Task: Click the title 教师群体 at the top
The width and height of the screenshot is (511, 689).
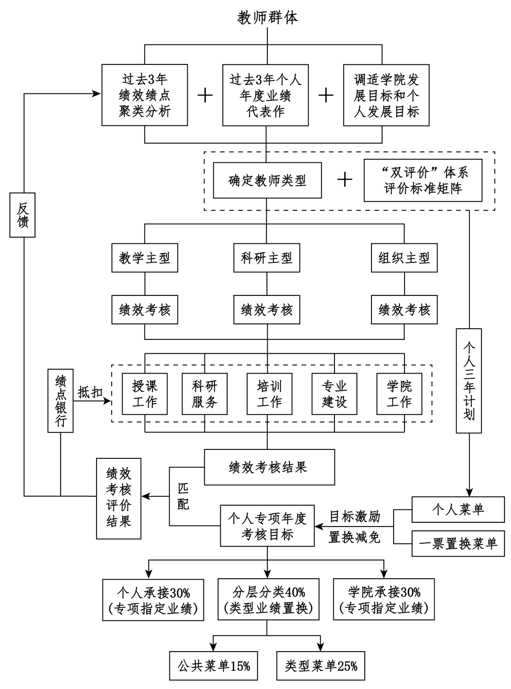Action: pos(267,18)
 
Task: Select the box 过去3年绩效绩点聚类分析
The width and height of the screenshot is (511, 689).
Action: pos(144,95)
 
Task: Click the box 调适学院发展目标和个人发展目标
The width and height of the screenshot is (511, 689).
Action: pos(386,95)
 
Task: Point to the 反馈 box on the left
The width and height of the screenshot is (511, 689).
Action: pos(23,215)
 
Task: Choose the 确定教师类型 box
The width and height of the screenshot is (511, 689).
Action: pos(267,180)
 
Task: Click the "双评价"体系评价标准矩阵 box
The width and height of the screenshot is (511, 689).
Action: pos(423,180)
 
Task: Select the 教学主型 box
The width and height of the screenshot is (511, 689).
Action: pos(144,258)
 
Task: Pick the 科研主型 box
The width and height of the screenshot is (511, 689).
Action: pos(266,258)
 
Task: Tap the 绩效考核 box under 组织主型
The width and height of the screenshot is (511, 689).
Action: pos(404,310)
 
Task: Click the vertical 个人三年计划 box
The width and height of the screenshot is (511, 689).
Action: pos(468,381)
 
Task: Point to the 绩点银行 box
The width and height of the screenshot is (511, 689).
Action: pos(61,401)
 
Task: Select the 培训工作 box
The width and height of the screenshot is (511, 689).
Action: pos(269,394)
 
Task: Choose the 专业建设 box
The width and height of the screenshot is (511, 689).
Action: pos(334,394)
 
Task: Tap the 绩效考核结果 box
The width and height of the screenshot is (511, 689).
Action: pos(269,467)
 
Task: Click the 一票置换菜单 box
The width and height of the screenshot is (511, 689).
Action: pos(458,544)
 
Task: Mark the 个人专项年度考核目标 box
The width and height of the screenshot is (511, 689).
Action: pos(267,526)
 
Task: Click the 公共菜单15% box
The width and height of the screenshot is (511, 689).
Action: pos(214,666)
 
